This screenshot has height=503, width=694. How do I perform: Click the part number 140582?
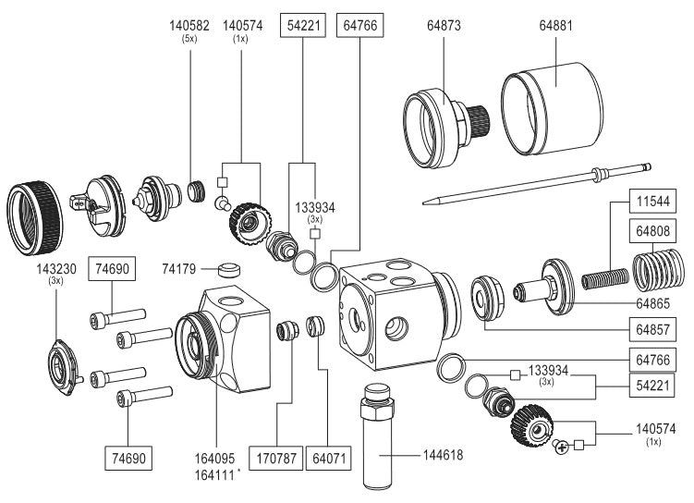tap(189, 25)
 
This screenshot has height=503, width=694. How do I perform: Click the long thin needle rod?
tap(536, 182)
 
